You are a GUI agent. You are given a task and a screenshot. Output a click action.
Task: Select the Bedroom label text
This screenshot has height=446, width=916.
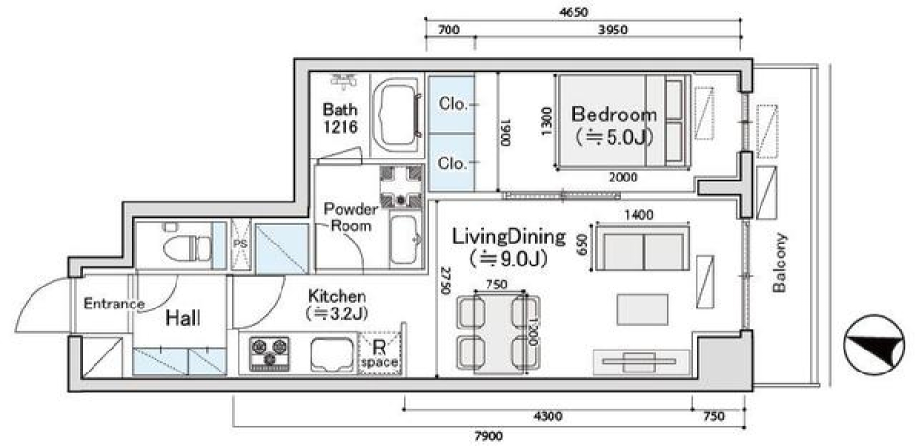[x=614, y=115]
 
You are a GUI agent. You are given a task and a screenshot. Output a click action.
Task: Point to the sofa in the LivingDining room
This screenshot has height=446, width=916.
[x=644, y=251]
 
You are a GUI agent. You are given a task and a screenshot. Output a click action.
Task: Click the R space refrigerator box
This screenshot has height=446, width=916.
[x=380, y=352]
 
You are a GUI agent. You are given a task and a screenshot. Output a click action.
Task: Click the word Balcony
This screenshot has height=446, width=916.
[x=780, y=263]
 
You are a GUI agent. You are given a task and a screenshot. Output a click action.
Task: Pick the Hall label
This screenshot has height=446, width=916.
[x=181, y=318]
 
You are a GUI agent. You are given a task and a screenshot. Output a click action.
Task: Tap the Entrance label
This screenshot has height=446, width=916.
[x=114, y=305]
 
